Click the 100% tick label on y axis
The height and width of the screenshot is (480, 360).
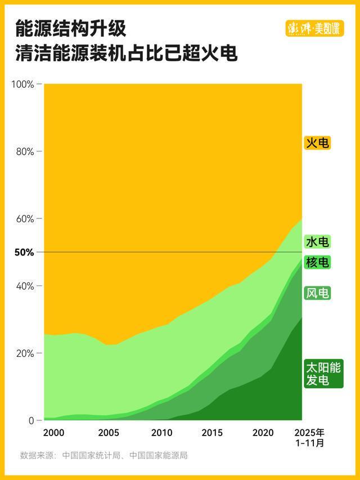pos(23,84)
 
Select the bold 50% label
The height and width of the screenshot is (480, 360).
pos(24,253)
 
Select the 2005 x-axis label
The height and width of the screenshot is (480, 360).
pos(108,433)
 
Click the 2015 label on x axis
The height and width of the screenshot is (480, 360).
pos(212,433)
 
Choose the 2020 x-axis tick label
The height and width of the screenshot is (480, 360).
pos(263,433)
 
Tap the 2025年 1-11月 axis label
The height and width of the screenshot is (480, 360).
pos(310,438)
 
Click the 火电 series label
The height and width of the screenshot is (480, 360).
pos(317,143)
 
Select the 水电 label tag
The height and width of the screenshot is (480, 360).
pos(317,242)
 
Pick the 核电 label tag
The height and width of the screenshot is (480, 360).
pos(317,262)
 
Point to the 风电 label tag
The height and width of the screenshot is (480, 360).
pos(317,293)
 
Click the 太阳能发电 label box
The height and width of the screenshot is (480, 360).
pos(323,374)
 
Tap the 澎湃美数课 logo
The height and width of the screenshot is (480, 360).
pos(314,28)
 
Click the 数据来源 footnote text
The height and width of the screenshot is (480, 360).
pos(103,455)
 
